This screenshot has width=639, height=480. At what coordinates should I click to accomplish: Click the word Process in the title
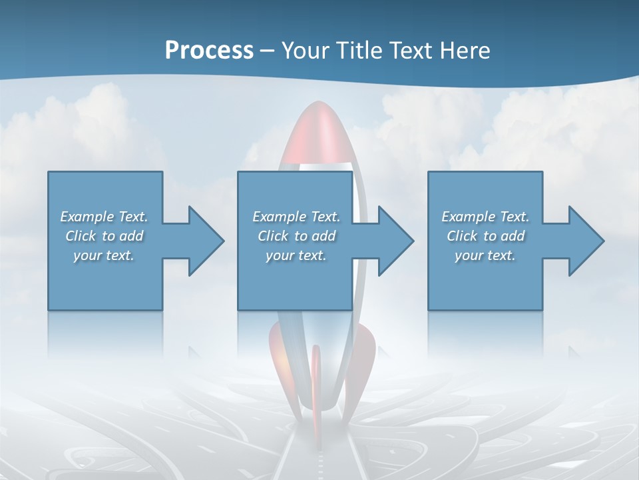[209, 50]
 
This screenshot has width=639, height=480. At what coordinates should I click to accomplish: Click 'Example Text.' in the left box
[104, 217]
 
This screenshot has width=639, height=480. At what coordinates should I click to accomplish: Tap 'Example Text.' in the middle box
[296, 217]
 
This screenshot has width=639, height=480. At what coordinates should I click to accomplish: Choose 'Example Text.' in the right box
[485, 217]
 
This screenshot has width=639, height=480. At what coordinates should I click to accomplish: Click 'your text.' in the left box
[104, 255]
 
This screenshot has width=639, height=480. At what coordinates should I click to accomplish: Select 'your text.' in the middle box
[296, 255]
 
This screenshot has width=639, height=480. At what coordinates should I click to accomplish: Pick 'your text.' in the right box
[485, 255]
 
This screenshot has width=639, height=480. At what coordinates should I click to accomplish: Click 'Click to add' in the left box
[104, 236]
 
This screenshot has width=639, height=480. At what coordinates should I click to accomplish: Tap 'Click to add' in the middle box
[296, 236]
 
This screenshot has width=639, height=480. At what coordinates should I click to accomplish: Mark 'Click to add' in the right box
[485, 236]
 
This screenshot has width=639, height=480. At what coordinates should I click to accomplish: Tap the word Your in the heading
[305, 50]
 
